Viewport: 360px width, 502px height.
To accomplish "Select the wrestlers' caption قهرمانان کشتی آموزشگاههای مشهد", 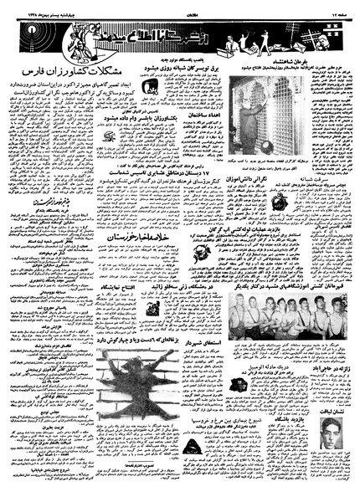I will coord(250,264).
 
